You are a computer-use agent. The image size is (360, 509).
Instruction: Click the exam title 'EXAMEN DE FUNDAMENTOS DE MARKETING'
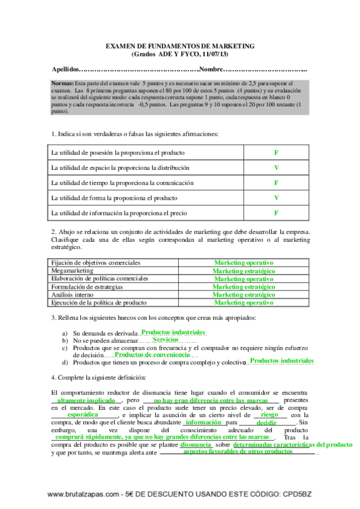click(179, 45)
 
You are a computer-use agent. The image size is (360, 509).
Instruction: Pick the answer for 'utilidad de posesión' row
click(276, 152)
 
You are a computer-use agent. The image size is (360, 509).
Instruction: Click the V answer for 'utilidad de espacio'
click(276, 167)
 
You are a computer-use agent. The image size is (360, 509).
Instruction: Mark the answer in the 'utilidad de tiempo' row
click(276, 182)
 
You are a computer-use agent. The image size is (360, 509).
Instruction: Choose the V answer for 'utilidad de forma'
click(276, 197)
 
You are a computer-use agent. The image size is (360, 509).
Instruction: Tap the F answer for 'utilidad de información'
click(276, 212)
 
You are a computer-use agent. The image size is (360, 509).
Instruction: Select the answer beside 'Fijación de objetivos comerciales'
click(244, 263)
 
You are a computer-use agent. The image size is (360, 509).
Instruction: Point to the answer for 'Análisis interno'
click(244, 295)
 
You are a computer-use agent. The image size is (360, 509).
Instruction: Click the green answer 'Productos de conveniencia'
click(151, 355)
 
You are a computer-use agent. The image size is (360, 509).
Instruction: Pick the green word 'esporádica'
click(83, 415)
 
